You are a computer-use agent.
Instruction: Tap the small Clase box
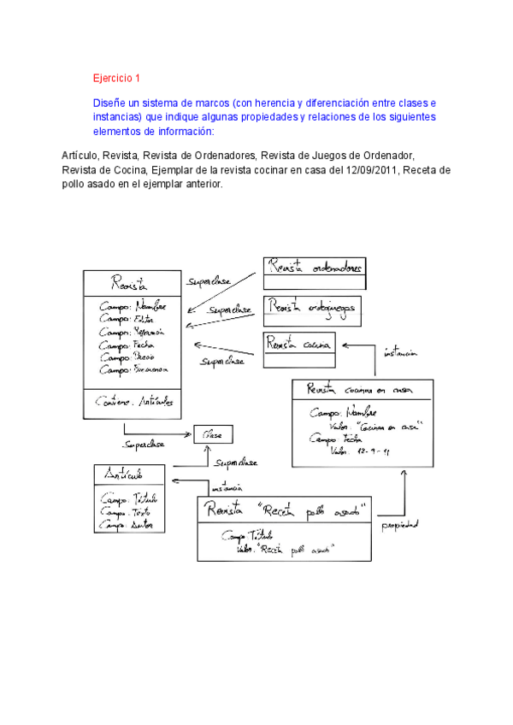tap(214, 435)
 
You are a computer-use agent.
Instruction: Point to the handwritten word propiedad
tap(400, 525)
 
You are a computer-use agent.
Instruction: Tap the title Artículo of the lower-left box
tap(124, 474)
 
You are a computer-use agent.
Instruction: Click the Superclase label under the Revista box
tap(143, 445)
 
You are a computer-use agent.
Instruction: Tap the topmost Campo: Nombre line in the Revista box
tap(133, 306)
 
